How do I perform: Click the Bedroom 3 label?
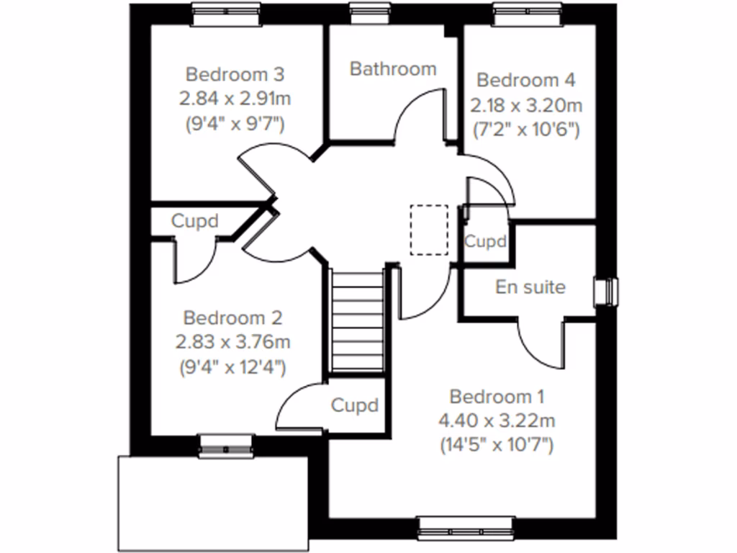pyautogui.click(x=235, y=74)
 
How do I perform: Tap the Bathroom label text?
pyautogui.click(x=393, y=69)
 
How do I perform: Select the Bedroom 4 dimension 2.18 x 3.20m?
pyautogui.click(x=527, y=107)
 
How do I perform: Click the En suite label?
pyautogui.click(x=530, y=287)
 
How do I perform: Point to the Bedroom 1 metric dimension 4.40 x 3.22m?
pyautogui.click(x=497, y=421)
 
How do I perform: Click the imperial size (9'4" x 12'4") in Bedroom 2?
pyautogui.click(x=232, y=367)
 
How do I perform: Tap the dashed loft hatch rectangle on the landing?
pyautogui.click(x=429, y=230)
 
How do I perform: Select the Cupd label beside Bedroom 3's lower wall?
pyautogui.click(x=194, y=221)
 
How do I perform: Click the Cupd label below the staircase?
pyautogui.click(x=354, y=405)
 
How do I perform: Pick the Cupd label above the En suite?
pyautogui.click(x=485, y=242)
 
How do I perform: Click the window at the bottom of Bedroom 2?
pyautogui.click(x=226, y=446)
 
